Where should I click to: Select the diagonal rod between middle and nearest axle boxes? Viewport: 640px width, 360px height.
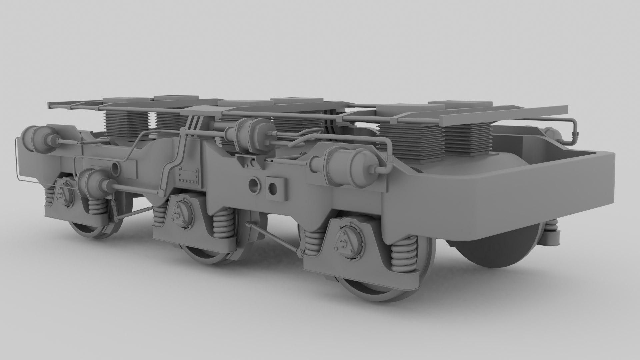pos(273,238)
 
